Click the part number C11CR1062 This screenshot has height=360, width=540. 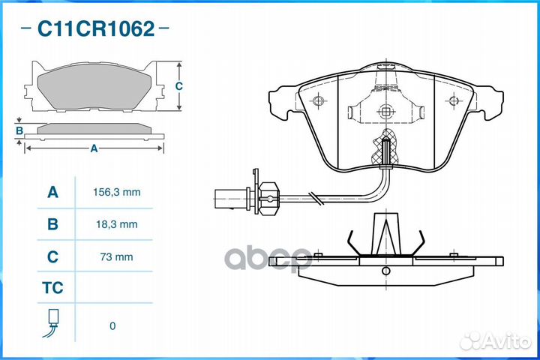96,28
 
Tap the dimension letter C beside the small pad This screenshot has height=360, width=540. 178,85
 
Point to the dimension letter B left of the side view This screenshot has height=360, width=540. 19,130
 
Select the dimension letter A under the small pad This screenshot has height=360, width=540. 94,148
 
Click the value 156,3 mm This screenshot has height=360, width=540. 117,192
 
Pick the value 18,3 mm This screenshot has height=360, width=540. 117,224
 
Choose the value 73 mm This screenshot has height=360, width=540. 117,256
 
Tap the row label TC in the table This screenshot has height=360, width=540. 52,288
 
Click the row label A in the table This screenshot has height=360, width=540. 52,192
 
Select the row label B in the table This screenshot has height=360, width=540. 52,224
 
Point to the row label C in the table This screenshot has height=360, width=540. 52,256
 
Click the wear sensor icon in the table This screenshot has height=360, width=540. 51,322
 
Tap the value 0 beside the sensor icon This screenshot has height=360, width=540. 112,326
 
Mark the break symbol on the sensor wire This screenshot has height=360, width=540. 316,199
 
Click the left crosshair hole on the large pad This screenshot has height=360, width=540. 319,101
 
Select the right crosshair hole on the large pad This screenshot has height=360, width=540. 454,101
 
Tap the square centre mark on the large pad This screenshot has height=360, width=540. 385,112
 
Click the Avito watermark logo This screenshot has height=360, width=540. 495,340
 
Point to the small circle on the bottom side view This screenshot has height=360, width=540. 386,271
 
